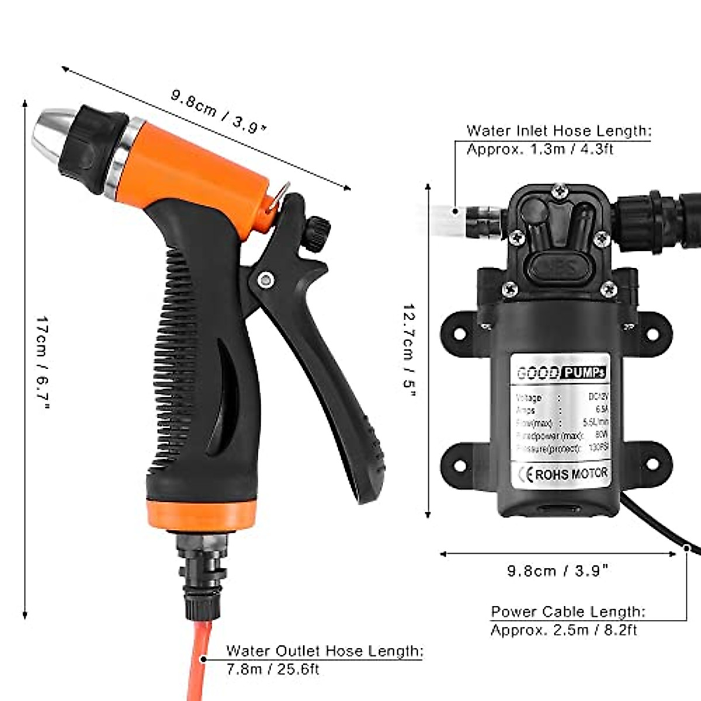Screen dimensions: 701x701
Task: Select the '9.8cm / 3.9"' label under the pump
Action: [558, 571]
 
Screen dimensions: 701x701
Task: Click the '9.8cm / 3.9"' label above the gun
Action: [218, 111]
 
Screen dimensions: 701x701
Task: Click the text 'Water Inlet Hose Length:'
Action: [558, 131]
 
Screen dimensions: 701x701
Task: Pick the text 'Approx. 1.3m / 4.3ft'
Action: [540, 149]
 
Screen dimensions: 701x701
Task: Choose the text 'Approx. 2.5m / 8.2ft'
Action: [564, 630]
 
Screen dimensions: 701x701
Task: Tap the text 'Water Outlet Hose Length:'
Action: [325, 651]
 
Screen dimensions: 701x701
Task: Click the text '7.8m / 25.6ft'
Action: [273, 669]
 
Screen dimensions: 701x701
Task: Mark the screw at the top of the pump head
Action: [561, 190]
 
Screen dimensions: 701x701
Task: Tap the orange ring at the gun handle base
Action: [202, 513]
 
